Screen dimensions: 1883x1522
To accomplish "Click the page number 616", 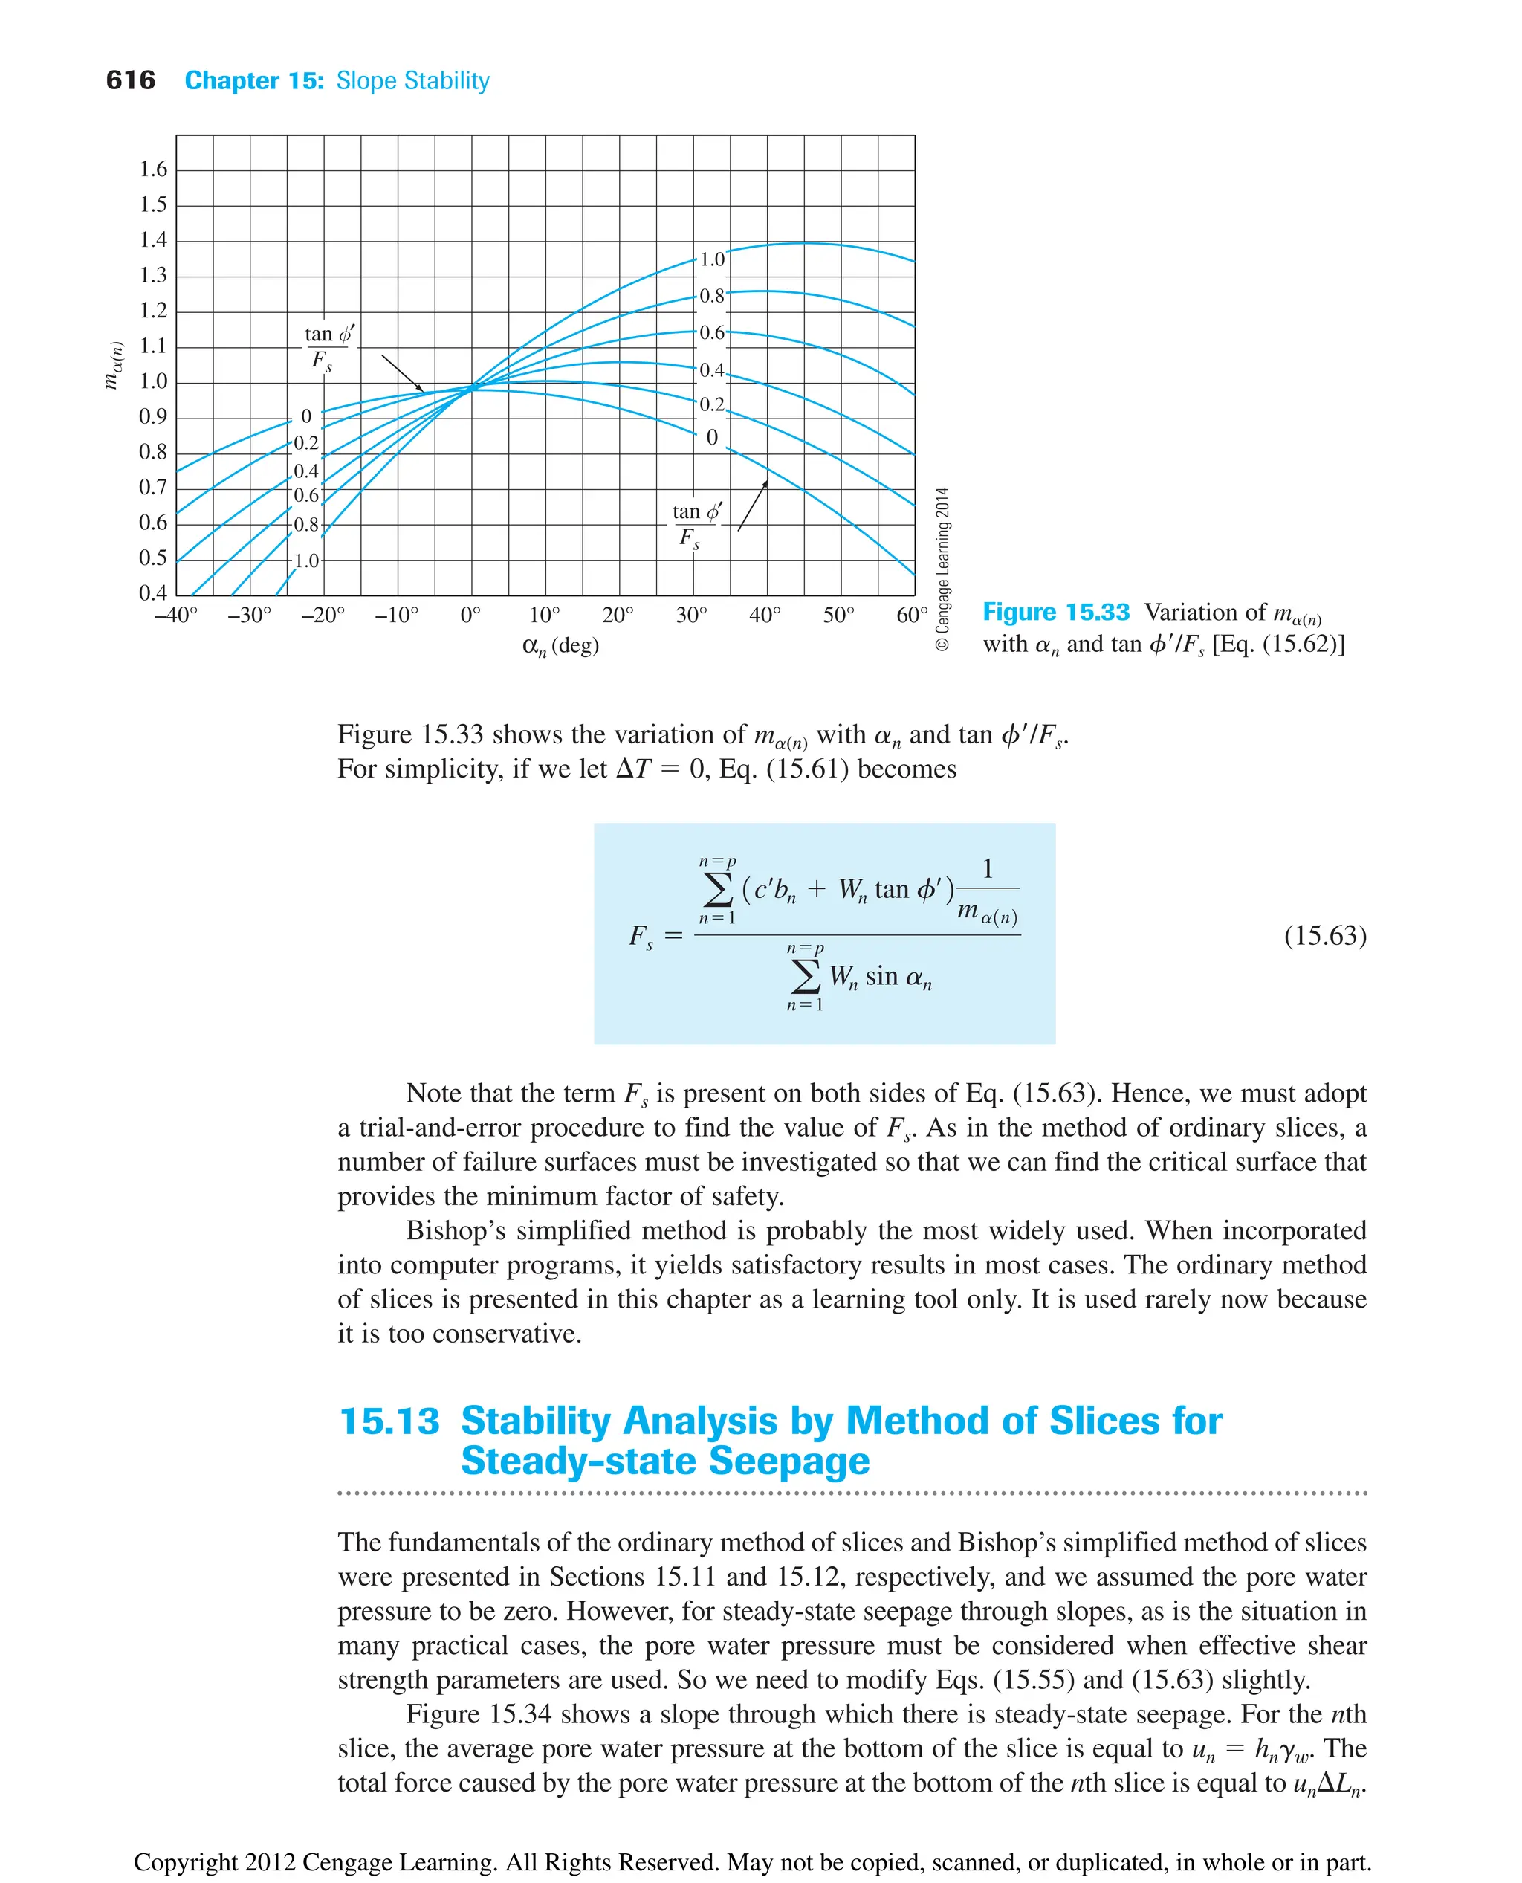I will pyautogui.click(x=130, y=81).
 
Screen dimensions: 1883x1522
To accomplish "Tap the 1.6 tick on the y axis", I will pyautogui.click(x=153, y=169).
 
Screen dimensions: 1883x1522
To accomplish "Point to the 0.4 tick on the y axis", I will pyautogui.click(x=153, y=593).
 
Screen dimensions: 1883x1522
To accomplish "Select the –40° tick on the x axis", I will pyautogui.click(x=176, y=616).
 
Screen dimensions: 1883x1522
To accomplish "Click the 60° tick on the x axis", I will pyautogui.click(x=911, y=616).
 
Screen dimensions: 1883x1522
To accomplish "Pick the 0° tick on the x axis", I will pyautogui.click(x=471, y=616).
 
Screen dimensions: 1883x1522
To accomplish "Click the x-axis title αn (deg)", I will pyautogui.click(x=560, y=647).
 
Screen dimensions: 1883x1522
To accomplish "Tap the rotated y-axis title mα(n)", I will pyautogui.click(x=113, y=365).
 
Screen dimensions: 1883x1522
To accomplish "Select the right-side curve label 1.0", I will pyautogui.click(x=712, y=259).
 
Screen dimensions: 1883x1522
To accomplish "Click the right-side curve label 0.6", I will pyautogui.click(x=712, y=333).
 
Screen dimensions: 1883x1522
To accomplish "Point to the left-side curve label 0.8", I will pyautogui.click(x=306, y=525).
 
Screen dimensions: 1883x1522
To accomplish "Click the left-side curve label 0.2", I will pyautogui.click(x=306, y=443).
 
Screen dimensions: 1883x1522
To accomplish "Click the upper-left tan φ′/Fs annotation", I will pyautogui.click(x=328, y=348).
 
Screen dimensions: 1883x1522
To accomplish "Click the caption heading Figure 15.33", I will pyautogui.click(x=1055, y=612).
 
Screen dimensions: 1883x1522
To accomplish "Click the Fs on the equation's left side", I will pyautogui.click(x=641, y=937).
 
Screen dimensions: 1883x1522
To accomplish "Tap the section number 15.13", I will pyautogui.click(x=389, y=1421).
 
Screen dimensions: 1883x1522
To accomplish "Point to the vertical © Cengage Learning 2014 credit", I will pyautogui.click(x=942, y=569).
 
